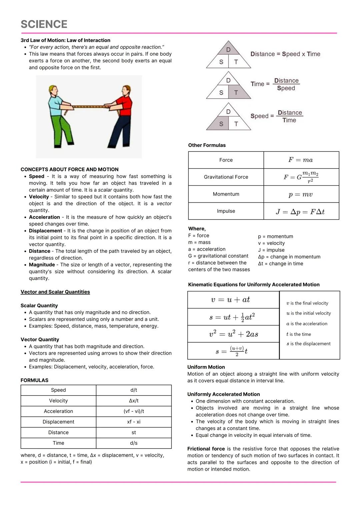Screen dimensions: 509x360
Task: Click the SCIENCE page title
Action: (44, 24)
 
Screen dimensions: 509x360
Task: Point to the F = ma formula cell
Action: (301, 160)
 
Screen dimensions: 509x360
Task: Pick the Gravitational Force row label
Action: (226, 177)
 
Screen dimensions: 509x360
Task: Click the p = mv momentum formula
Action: (301, 194)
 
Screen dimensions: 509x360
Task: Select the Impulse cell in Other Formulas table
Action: (226, 211)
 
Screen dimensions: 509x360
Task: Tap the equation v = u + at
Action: (230, 300)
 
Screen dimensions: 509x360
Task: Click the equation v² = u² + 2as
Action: (233, 334)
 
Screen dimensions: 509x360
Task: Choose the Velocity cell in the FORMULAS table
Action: (58, 401)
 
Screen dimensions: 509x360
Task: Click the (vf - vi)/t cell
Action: (134, 411)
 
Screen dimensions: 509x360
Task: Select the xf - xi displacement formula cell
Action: (134, 422)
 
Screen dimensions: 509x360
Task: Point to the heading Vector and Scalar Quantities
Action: (55, 292)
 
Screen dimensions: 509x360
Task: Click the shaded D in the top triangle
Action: (228, 50)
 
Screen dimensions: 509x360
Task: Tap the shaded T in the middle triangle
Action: (236, 92)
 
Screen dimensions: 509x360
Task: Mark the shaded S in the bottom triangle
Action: (221, 124)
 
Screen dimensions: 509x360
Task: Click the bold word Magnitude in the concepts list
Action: (42, 265)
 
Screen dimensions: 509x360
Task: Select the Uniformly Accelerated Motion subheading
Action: (223, 394)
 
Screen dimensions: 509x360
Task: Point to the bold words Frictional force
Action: (206, 449)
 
